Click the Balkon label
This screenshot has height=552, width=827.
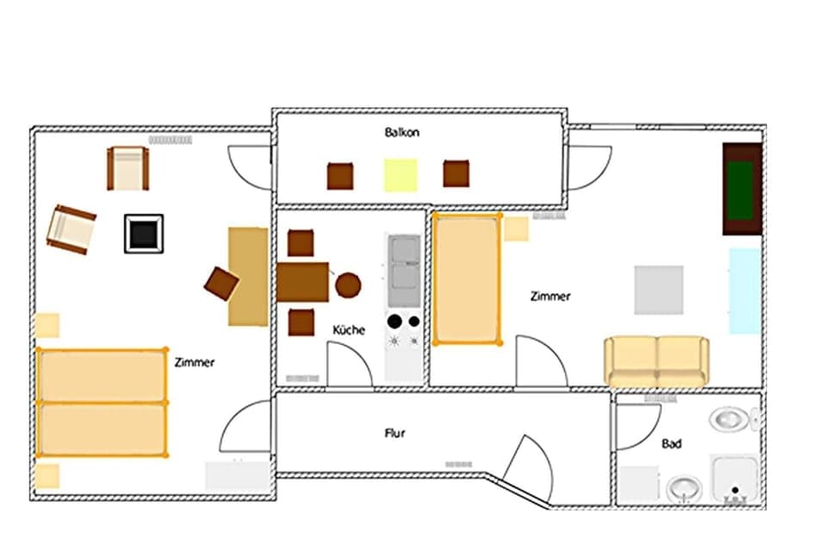[401, 133]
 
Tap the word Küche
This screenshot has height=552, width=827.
[349, 329]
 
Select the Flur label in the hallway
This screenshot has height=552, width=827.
[395, 433]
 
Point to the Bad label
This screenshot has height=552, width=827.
[672, 443]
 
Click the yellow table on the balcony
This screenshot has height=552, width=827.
[401, 175]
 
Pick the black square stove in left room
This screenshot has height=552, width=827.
[144, 233]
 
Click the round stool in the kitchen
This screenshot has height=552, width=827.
[348, 285]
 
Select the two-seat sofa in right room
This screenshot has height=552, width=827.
[656, 361]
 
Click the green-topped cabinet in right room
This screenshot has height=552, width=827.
[742, 188]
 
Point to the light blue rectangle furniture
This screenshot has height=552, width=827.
[744, 291]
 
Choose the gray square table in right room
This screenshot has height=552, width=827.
[659, 290]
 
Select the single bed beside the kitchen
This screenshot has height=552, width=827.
[467, 279]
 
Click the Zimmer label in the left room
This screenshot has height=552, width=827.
[194, 362]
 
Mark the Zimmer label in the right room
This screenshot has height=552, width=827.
[550, 296]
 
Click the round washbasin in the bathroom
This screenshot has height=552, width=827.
[683, 490]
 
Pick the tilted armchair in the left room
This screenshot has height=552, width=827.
[71, 229]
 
